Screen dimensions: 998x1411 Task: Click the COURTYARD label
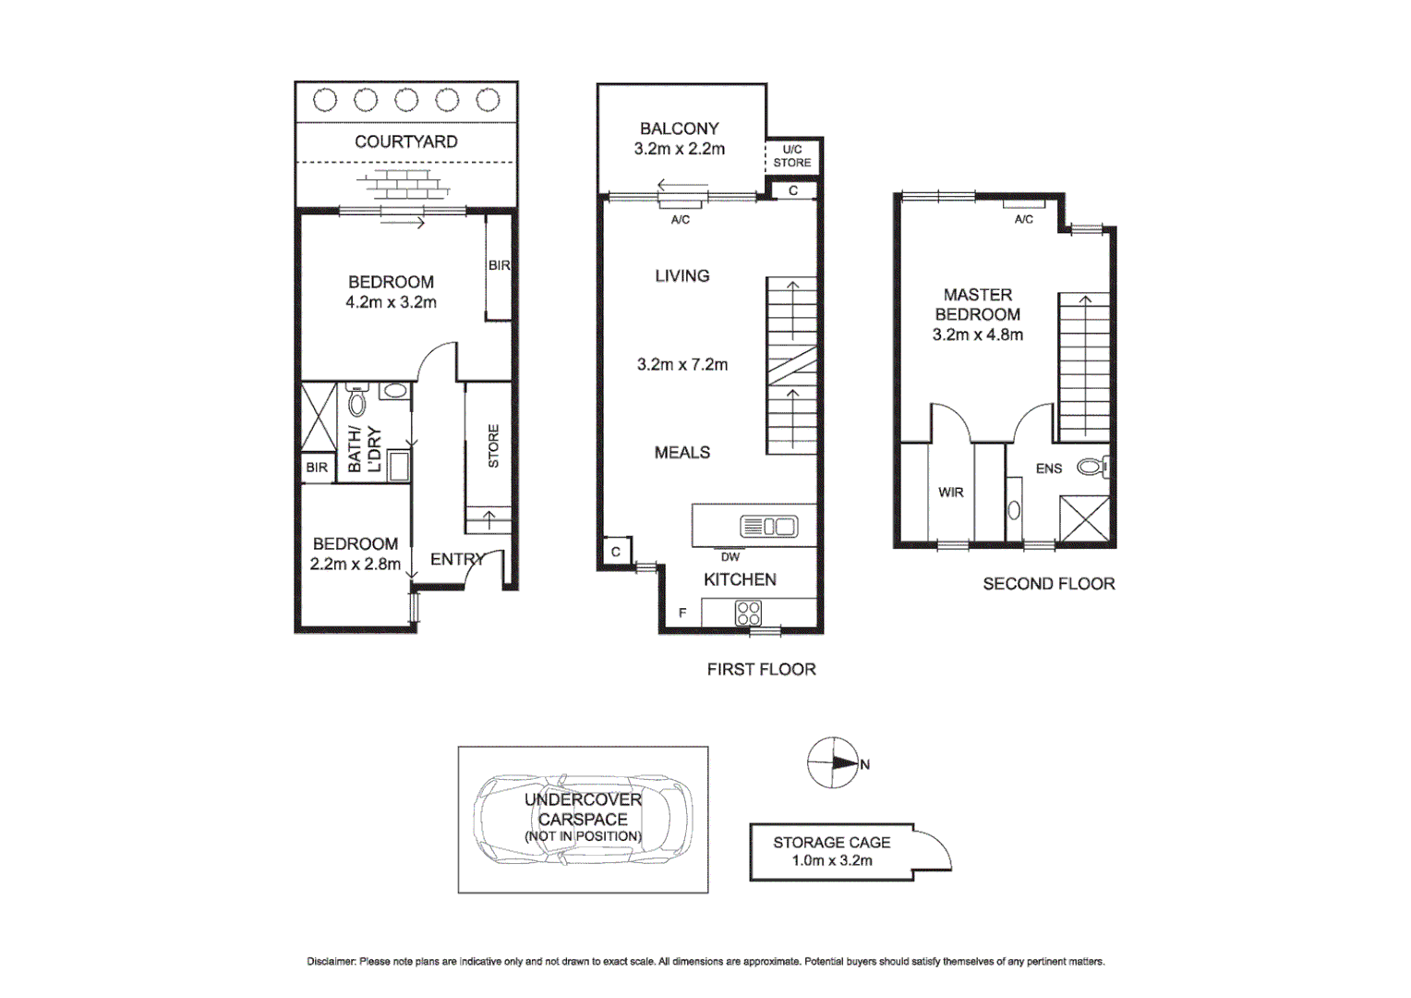[x=406, y=141]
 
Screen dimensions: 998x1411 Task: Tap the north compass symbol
[x=834, y=763]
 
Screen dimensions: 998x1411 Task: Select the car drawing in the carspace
[x=583, y=819]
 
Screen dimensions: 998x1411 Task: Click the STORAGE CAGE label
[x=831, y=842]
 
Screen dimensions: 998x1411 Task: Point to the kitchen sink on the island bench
[x=768, y=527]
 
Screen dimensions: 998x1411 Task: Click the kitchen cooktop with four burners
[x=748, y=613]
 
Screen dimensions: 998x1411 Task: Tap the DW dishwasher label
[x=730, y=557]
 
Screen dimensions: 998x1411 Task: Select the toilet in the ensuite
[x=1092, y=469]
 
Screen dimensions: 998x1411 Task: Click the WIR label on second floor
[x=950, y=493]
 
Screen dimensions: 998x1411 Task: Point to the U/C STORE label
[x=792, y=156]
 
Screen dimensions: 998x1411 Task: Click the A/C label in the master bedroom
[x=1023, y=220]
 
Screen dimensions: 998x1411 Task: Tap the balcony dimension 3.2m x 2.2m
[x=679, y=149]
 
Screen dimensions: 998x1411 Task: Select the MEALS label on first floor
[x=682, y=452]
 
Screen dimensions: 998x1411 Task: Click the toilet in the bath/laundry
[x=357, y=402]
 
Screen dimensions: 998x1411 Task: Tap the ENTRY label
[x=457, y=559]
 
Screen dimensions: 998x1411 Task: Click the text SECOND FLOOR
[x=1048, y=584]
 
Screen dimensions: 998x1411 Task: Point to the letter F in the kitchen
[x=682, y=613]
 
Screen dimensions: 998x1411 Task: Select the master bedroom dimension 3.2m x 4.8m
[x=977, y=335]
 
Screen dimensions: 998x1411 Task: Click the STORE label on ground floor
[x=493, y=445]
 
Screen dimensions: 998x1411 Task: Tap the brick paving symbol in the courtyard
[x=406, y=184]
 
